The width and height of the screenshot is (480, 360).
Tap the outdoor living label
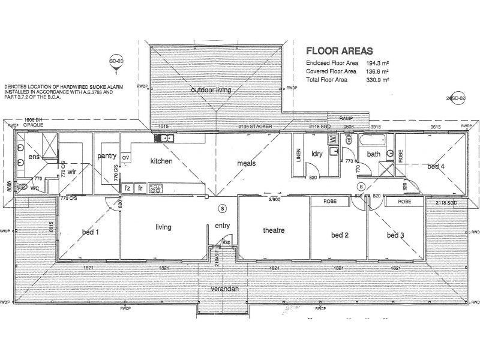coord(212,90)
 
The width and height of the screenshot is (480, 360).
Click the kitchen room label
coord(161,161)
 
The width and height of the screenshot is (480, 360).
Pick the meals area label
coord(247,161)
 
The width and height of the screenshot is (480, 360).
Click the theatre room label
coord(273,230)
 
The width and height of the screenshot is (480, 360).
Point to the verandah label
coord(223,289)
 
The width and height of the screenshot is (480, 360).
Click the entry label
coord(223,226)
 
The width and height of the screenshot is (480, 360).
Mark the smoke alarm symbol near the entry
coord(223,208)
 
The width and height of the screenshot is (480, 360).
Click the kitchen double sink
coord(164,139)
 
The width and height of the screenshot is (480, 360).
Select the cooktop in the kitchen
coord(155,188)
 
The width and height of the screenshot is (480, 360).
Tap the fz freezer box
coord(127,188)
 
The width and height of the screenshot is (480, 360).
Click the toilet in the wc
coord(22,187)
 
